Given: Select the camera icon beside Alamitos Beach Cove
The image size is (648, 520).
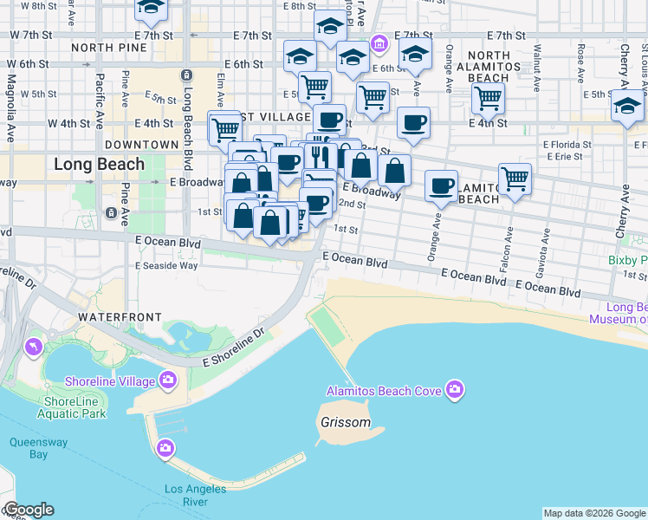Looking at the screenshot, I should tap(454, 391).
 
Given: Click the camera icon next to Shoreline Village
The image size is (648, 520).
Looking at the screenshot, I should tap(168, 380).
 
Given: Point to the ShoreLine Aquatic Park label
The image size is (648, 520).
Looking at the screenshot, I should tap(75, 407).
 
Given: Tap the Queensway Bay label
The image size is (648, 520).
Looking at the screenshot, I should tap(28, 447).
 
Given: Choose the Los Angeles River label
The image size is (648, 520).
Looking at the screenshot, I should tap(195, 495).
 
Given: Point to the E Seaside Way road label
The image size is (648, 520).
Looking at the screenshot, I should tap(166, 265).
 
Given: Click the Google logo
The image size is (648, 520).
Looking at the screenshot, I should tap(29, 510).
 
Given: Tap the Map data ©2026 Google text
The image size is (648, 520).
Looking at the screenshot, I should tap(595, 513).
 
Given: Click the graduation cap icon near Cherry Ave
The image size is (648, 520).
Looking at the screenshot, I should tap(627, 107).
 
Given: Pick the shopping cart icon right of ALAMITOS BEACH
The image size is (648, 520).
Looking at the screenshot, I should tap(515, 179).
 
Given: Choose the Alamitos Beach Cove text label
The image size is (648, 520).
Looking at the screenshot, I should tap(384, 391).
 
